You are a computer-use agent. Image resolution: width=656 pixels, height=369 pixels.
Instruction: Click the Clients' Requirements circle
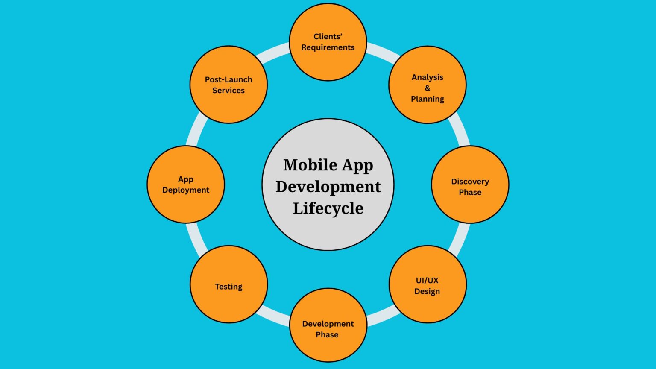(328, 42)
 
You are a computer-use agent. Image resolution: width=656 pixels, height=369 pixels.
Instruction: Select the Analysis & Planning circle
(428, 85)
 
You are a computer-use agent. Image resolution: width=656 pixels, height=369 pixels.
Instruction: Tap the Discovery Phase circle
(470, 184)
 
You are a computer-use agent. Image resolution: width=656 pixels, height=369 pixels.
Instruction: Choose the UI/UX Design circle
(428, 284)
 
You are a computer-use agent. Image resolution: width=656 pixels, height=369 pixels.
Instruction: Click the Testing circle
(229, 284)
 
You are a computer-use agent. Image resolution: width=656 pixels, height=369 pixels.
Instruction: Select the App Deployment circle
(186, 184)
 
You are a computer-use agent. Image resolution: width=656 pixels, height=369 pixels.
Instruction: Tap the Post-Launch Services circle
(229, 85)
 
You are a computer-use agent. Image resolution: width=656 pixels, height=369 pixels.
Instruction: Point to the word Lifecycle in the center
(328, 208)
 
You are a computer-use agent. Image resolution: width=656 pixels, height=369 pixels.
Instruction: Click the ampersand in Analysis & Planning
(428, 88)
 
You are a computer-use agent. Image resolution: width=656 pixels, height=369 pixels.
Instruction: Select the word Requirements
(328, 47)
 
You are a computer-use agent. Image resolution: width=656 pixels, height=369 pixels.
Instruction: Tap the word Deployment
(186, 190)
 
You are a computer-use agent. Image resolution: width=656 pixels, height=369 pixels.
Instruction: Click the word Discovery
(470, 182)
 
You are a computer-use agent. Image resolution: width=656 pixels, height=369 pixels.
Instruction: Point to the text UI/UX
(427, 281)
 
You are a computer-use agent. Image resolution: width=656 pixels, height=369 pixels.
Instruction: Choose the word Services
(228, 90)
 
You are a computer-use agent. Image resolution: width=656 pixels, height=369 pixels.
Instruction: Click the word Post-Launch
(228, 79)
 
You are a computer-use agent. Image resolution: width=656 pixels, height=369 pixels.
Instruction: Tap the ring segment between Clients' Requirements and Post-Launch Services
(272, 53)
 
